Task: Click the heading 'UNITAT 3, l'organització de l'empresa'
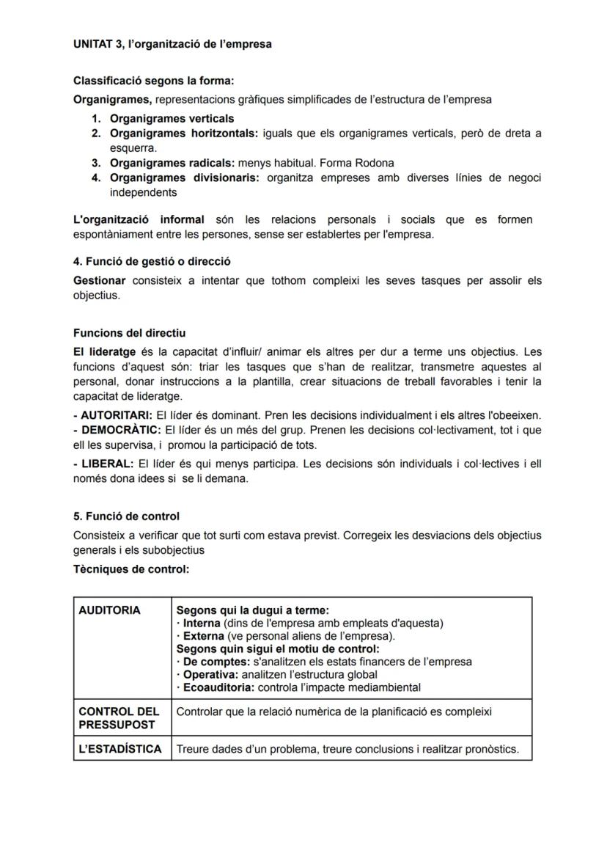(172, 44)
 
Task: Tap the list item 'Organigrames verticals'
(172, 118)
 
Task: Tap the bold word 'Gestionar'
(100, 280)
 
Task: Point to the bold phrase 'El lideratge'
(104, 352)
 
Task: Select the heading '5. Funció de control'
(126, 516)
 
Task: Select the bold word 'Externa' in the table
(204, 636)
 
